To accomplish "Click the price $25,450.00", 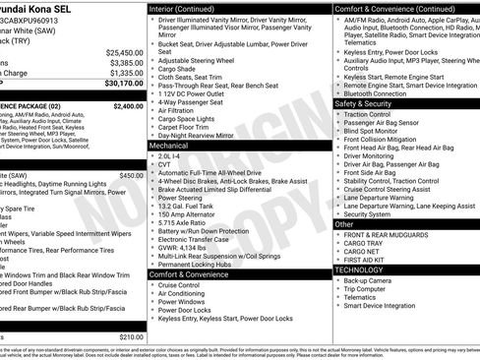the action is pos(123,52).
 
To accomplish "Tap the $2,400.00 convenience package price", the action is pos(128,104).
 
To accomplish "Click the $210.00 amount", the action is pos(131,337).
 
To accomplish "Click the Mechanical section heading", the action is pos(168,145).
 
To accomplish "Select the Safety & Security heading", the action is pos(369,102).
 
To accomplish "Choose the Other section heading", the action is pos(344,224).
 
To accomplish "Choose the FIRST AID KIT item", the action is pos(368,259).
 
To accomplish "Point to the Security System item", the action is pos(367,213).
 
